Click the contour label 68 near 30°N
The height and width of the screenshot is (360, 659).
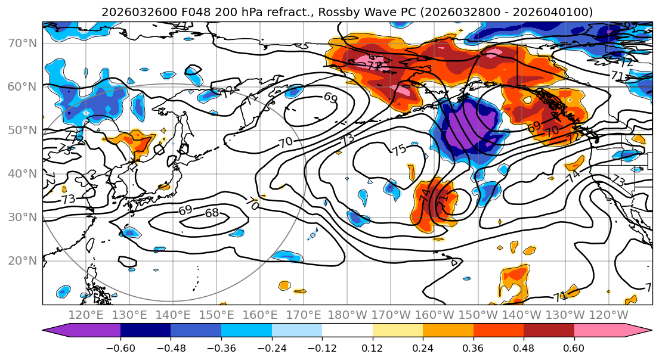(212, 213)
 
